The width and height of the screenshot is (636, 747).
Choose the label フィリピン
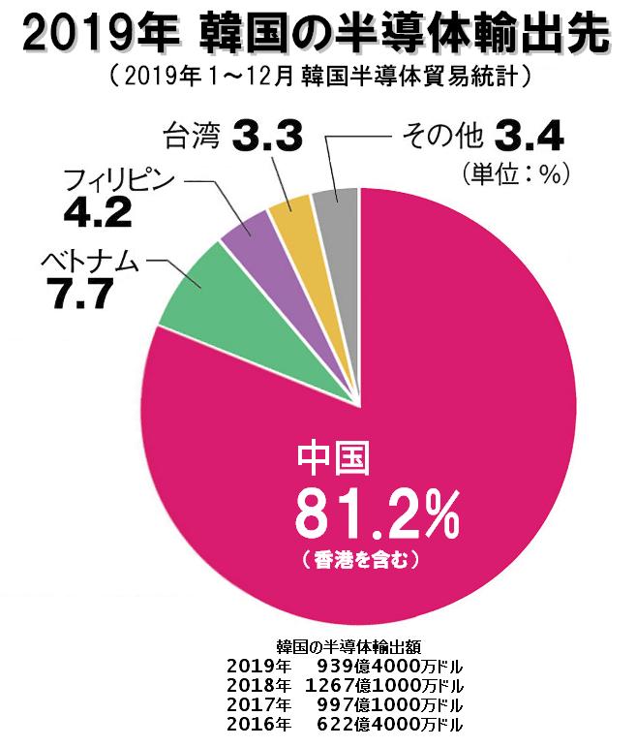pos(117,181)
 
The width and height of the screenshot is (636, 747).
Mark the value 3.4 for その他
pos(528,135)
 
